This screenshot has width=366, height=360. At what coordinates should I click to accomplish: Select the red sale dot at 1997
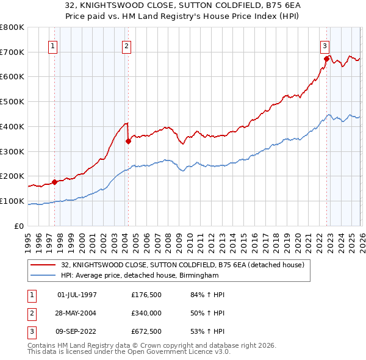point(54,181)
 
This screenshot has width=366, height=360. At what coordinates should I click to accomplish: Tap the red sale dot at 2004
point(128,141)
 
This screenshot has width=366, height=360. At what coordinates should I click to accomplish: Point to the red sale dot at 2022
point(326,59)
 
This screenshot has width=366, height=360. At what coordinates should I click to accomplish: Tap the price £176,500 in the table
point(146,294)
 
